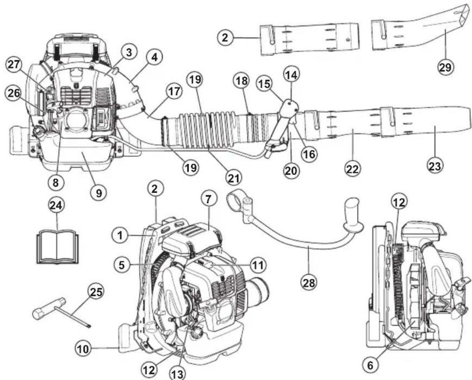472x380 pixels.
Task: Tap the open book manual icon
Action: coord(56,247)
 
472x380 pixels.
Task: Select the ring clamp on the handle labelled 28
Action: coord(237,200)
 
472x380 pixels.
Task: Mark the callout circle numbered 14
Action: coord(292,75)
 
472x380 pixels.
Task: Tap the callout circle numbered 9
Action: coord(99,192)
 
